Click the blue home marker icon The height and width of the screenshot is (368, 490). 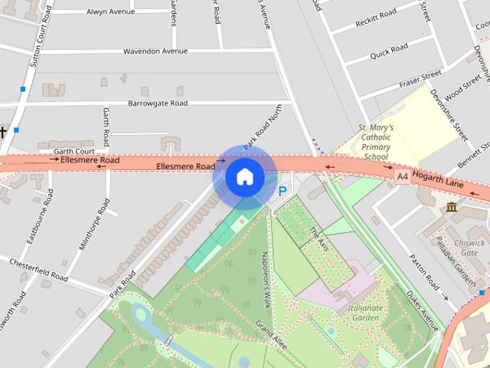tap(244, 177)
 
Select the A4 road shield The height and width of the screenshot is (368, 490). tap(402, 176)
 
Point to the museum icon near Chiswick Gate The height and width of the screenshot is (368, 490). tap(451, 207)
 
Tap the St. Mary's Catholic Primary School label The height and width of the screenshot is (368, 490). tap(375, 142)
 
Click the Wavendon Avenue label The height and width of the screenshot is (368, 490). tap(155, 51)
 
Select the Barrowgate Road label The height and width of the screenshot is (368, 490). tap(158, 103)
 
